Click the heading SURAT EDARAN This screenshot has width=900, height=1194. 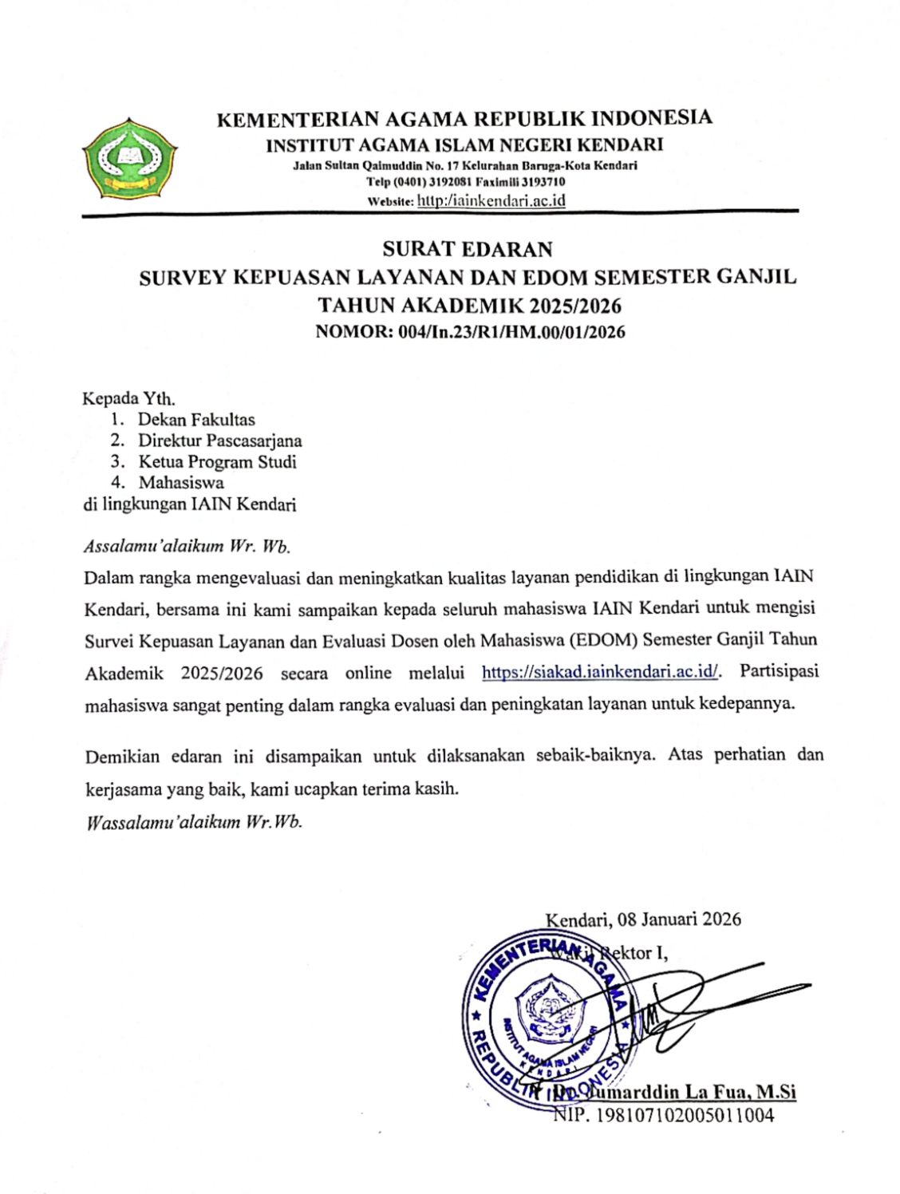[467, 250]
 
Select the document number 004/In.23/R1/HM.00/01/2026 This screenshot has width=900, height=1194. [511, 333]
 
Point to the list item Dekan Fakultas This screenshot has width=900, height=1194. [196, 418]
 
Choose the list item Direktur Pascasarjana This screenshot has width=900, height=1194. [219, 440]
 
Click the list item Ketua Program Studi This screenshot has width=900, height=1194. [217, 461]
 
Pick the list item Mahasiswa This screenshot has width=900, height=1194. [181, 482]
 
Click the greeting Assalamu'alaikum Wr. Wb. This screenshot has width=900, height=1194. [187, 548]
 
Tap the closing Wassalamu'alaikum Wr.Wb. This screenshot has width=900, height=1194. [194, 823]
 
